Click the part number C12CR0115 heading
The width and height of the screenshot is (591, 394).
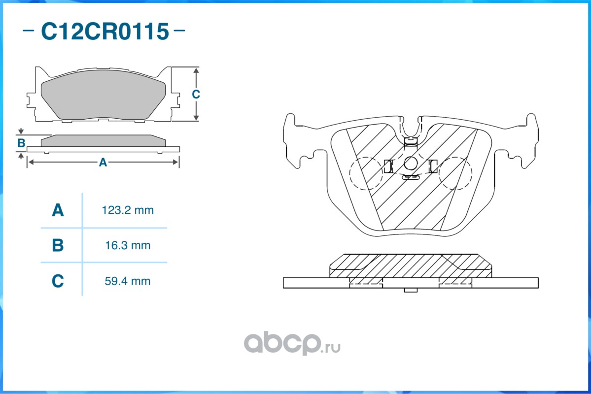point(104,32)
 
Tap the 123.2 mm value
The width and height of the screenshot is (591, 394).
point(128,210)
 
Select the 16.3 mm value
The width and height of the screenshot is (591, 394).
point(128,245)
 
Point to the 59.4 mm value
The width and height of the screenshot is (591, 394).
point(128,281)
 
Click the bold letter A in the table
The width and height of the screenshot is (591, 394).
point(58,211)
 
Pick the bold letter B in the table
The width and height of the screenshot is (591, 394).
point(58,245)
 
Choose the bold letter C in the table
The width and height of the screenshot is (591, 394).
point(58,281)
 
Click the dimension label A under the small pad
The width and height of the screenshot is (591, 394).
point(103,162)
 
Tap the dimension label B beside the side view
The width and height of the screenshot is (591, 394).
point(21,143)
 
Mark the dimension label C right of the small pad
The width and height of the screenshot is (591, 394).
point(196,94)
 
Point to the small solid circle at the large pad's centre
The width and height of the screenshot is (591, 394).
point(411,164)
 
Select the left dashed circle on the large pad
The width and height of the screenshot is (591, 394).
point(365,173)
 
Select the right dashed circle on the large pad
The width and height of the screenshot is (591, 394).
point(455,173)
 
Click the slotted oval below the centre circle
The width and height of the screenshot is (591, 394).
point(411,177)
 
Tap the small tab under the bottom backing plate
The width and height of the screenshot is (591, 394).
point(411,290)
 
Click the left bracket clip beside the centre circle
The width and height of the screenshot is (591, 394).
point(387,166)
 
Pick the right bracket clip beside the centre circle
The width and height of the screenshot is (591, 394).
point(433,166)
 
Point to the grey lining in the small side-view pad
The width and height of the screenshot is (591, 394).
point(103,141)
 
